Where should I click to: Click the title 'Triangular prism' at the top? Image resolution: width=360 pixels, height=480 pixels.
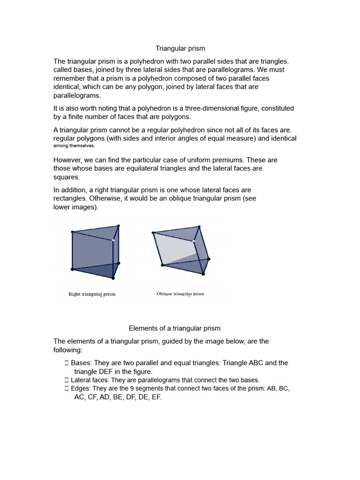point(180,48)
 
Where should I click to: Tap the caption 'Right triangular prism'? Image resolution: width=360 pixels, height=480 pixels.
point(92,294)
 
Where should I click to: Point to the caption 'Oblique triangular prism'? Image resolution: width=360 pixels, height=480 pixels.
point(180,294)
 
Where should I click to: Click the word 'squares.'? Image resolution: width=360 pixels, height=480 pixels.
point(67,177)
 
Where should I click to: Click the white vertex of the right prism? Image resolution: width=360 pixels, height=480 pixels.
point(113,240)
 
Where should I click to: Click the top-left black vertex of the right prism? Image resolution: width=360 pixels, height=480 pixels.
point(72,232)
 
